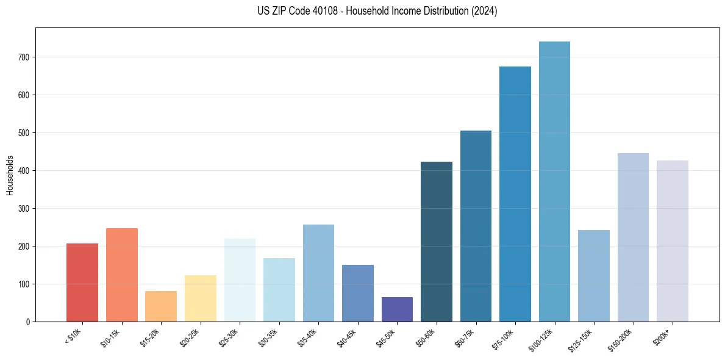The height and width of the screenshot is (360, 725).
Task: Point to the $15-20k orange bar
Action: tap(161, 306)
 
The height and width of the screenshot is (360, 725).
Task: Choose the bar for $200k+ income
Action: tap(673, 241)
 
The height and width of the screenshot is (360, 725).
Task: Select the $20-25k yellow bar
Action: tap(201, 298)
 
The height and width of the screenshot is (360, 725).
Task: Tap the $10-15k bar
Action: tap(122, 275)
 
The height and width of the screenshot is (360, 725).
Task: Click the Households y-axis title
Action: tap(10, 175)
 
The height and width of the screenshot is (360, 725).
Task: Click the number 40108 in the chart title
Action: tap(326, 11)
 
